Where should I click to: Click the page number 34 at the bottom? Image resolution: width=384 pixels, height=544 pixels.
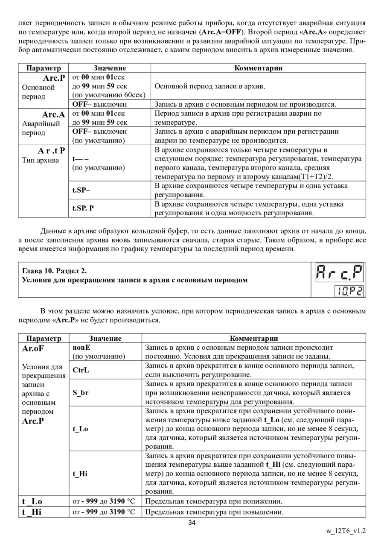click(192, 524)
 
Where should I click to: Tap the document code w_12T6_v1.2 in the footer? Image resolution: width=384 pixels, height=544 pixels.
click(346, 531)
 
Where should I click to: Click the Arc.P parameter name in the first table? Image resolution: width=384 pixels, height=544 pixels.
click(54, 78)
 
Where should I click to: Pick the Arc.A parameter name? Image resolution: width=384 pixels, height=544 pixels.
click(53, 114)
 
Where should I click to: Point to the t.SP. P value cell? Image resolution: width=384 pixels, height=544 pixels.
click(83, 208)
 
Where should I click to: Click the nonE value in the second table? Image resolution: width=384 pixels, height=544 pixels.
click(81, 348)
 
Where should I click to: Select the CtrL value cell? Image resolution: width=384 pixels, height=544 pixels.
click(81, 370)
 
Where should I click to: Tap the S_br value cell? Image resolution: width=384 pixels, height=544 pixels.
click(81, 392)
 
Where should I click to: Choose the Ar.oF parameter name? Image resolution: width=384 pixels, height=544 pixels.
click(33, 348)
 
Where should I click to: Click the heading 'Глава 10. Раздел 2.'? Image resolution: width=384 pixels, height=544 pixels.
click(57, 271)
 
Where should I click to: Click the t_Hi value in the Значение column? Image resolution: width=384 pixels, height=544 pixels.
click(80, 474)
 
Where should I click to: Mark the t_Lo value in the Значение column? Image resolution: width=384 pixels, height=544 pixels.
click(81, 429)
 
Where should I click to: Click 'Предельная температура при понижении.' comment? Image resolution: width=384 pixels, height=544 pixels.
click(214, 501)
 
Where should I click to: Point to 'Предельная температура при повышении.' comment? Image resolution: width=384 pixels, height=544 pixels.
click(214, 512)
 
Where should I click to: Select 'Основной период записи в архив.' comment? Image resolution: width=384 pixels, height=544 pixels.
click(209, 87)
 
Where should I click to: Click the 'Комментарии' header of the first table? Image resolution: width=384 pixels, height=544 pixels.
click(259, 68)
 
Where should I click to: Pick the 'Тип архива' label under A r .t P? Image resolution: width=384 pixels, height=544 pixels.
click(41, 160)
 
